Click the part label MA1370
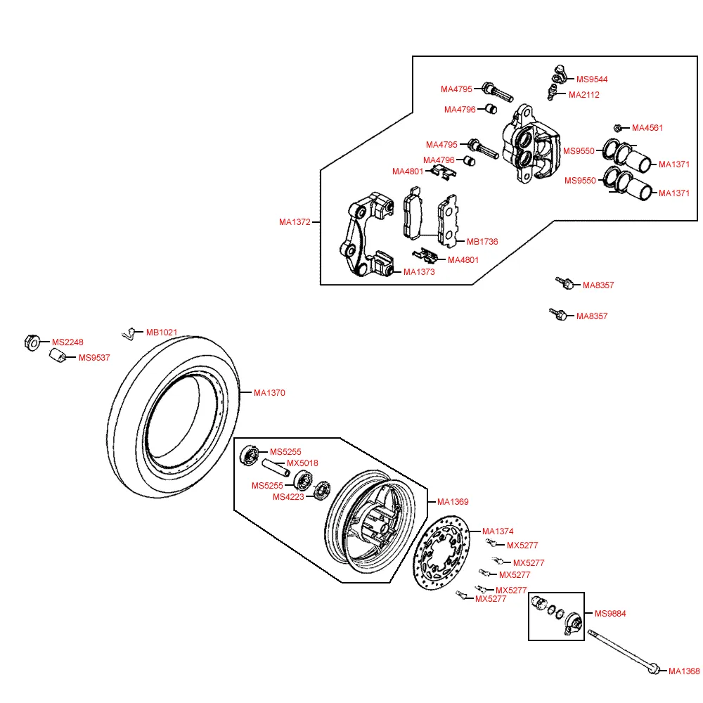269,393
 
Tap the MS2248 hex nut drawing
32,343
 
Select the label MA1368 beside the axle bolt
683,671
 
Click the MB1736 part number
482,242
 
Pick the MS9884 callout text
610,614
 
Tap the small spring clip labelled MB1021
129,333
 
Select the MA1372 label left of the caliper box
294,222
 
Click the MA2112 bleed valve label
583,95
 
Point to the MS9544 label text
592,79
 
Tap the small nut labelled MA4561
617,128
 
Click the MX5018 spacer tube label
302,463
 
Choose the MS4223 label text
288,497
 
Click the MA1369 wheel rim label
453,502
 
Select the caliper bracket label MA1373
419,272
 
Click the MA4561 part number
647,128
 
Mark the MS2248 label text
67,342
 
